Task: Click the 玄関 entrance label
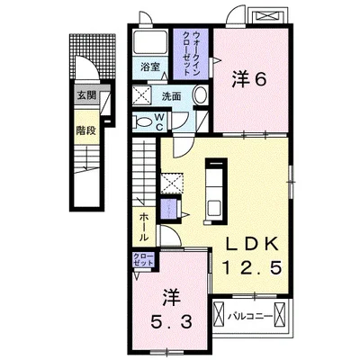click(85, 94)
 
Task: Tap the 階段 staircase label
click(85, 129)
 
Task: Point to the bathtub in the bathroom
click(148, 44)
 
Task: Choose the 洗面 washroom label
click(173, 94)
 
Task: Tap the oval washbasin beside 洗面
click(200, 95)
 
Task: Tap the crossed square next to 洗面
click(144, 96)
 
